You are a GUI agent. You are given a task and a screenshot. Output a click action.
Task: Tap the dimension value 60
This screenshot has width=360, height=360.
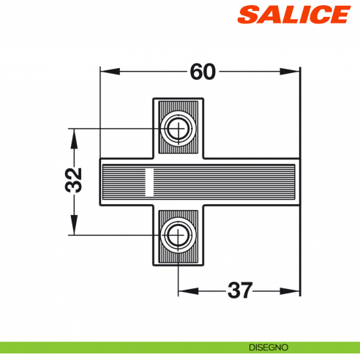[202, 72]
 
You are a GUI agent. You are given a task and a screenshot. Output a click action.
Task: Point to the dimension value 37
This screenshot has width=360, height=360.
[240, 290]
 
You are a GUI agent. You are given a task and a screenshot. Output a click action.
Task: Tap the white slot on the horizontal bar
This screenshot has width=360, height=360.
[149, 183]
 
